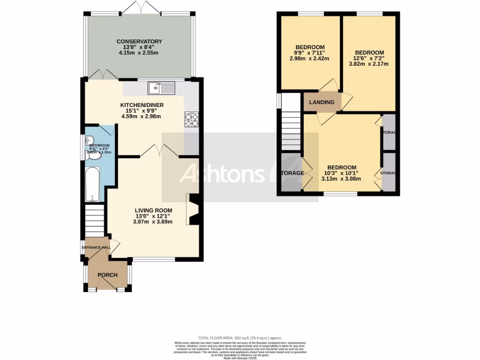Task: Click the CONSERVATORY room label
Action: click(139, 42)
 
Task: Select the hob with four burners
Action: click(192, 119)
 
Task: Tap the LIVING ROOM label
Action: click(153, 210)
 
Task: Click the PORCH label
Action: click(107, 275)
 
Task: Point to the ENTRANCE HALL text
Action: click(96, 247)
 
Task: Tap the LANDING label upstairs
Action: click(322, 102)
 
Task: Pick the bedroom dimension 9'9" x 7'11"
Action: click(309, 53)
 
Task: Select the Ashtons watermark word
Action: click(223, 174)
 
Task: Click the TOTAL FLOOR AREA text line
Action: click(240, 338)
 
